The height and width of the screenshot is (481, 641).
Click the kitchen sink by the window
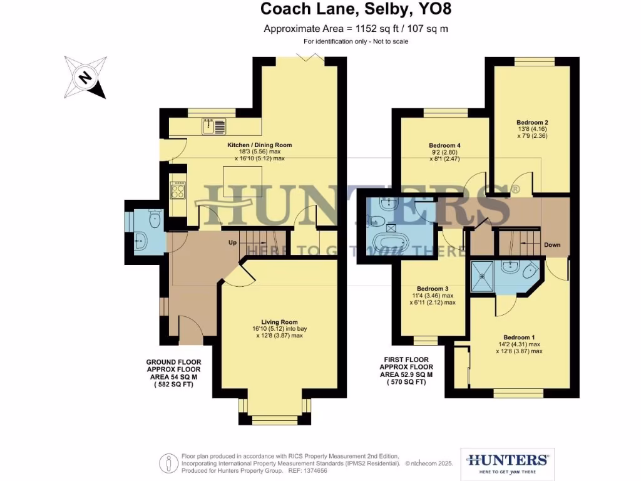click(213, 127)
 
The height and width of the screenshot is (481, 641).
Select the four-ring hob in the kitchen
click(177, 190)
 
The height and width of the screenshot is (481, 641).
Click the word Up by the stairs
click(232, 242)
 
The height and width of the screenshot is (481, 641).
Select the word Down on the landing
click(552, 245)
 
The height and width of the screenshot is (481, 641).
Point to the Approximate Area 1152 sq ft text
click(356, 29)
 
